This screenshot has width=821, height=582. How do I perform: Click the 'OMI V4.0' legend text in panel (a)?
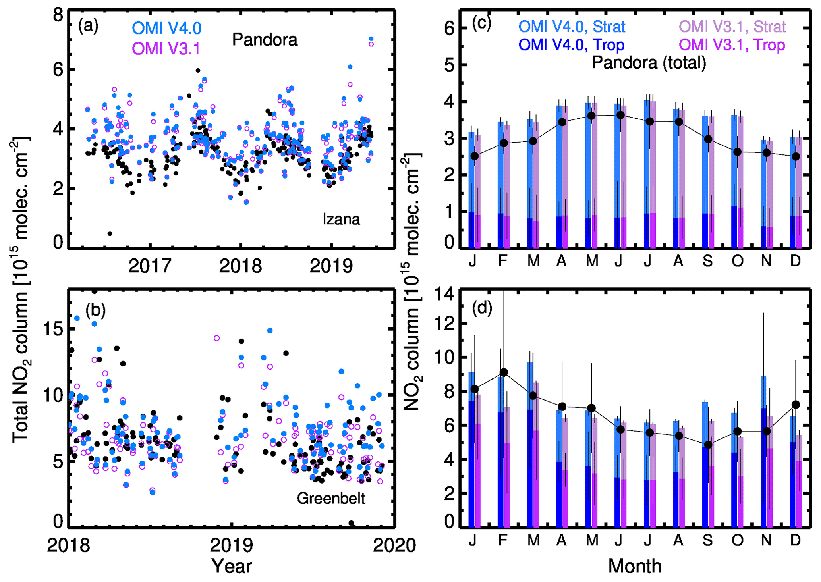167,28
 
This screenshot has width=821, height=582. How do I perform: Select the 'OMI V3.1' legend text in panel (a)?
166,49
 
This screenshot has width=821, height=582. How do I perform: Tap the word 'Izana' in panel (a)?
341,219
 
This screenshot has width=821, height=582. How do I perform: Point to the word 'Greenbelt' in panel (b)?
331,498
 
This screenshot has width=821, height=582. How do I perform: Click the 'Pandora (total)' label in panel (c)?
649,63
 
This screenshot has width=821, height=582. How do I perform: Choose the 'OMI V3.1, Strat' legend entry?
732,27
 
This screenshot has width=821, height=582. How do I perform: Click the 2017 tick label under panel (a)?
150,266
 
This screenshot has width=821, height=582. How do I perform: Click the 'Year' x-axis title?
232,566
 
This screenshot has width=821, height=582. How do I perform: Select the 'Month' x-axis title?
635,566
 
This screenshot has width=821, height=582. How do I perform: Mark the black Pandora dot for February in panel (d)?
504,372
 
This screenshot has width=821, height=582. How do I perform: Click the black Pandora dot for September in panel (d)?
708,445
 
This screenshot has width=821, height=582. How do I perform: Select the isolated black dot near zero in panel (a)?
110,234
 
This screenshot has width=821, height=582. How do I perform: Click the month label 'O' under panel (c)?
737,261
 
